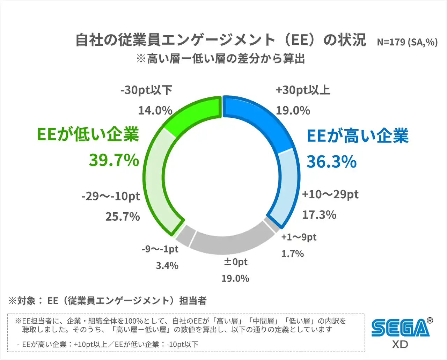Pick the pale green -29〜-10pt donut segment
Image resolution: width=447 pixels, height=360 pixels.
click(x=157, y=182)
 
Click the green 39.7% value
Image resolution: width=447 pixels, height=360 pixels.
click(x=114, y=160)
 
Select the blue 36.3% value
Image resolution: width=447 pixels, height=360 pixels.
click(x=331, y=162)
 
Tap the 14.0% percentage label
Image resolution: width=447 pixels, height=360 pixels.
click(x=155, y=111)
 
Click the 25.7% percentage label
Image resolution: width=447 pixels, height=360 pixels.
click(x=123, y=216)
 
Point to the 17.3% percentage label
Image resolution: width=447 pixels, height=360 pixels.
click(x=319, y=215)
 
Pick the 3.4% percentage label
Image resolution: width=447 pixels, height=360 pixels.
click(x=167, y=266)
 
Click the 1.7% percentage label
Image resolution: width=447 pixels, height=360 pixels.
click(x=293, y=254)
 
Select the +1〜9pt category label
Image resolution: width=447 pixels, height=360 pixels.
click(x=299, y=237)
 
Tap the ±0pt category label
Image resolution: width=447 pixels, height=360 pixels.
click(x=235, y=262)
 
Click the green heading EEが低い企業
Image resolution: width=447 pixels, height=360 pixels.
click(x=88, y=134)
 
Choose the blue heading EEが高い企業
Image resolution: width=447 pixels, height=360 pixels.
click(x=358, y=136)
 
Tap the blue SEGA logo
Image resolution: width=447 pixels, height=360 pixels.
click(x=400, y=328)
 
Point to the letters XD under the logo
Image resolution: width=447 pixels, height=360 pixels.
click(x=400, y=344)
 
